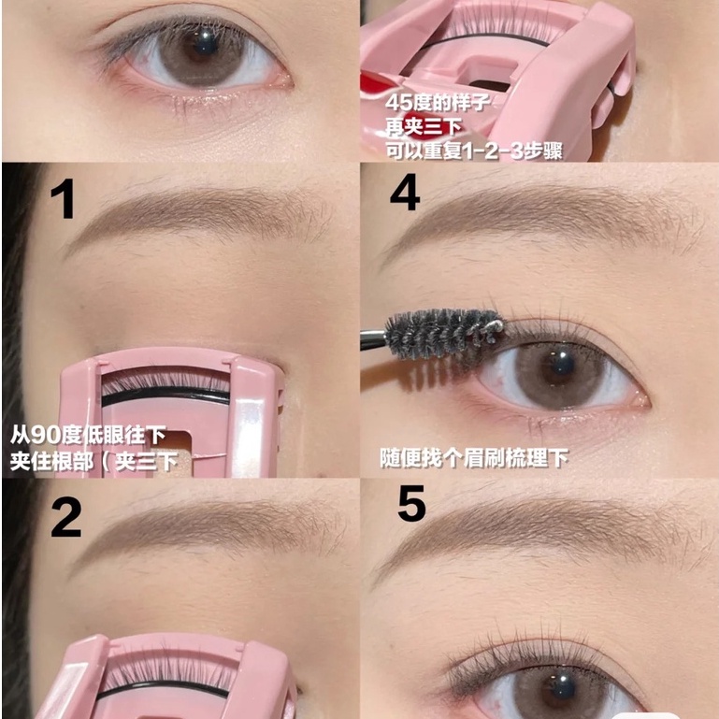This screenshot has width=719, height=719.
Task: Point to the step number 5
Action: [x=411, y=505]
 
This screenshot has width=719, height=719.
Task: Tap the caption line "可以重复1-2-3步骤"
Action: [x=473, y=150]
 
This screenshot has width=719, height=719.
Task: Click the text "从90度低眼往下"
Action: [x=89, y=436]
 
